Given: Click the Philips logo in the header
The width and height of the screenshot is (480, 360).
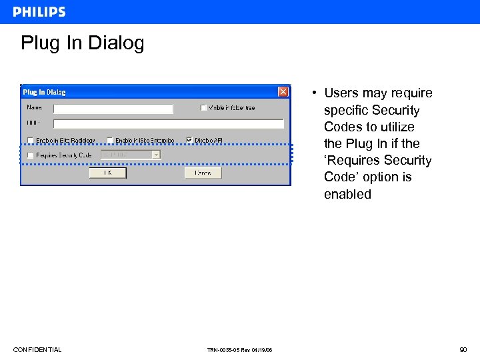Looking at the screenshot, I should pos(39,12).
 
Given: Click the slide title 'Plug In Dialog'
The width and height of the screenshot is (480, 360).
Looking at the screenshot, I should pos(82,44).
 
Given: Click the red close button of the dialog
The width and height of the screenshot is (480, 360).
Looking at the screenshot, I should pos(283,92).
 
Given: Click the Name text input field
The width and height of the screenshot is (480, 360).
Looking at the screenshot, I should pos(113,109).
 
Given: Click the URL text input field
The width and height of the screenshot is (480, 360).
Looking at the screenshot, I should pos(168,124).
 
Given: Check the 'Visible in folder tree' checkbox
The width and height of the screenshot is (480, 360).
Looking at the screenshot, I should pos(203,108).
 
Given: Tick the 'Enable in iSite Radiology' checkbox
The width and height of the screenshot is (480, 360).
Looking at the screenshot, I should pos(30,141).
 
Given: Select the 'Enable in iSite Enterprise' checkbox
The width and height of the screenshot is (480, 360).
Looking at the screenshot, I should pos(109,141).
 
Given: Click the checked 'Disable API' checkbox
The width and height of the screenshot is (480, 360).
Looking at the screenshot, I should pos(189,141).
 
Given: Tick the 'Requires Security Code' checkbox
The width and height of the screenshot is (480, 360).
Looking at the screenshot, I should pos(30,155).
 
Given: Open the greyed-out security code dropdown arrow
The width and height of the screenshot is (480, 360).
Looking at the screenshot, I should pos(156,155).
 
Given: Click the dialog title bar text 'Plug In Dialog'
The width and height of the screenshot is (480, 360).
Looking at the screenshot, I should pos(45,92).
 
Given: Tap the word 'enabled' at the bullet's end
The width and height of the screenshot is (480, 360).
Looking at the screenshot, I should pos(347,195).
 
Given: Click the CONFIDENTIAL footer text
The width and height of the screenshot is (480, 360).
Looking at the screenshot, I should pos(37,350).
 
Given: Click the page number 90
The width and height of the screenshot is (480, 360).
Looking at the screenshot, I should pos(463,350).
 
